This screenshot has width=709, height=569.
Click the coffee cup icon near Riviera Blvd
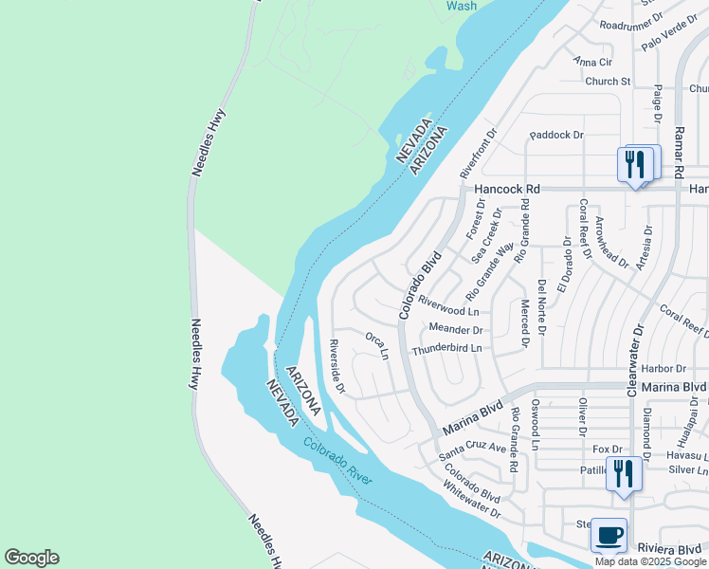pyautogui.click(x=609, y=535)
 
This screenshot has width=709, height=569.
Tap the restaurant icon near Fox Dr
pyautogui.click(x=623, y=472)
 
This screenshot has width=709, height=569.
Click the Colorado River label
pyautogui.click(x=338, y=462)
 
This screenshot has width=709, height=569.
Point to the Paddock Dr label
pyautogui.click(x=556, y=135)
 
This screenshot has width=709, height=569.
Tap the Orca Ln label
pyautogui.click(x=377, y=345)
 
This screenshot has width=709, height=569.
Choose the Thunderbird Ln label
pyautogui.click(x=446, y=349)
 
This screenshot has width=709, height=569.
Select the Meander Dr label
pyautogui.click(x=457, y=330)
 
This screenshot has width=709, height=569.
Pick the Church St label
pyautogui.click(x=608, y=82)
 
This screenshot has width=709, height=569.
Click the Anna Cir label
pyautogui.click(x=593, y=62)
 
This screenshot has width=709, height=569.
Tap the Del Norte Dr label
pyautogui.click(x=541, y=307)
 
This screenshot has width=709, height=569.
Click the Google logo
pyautogui.click(x=31, y=558)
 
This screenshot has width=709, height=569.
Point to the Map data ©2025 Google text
pyautogui.click(x=650, y=561)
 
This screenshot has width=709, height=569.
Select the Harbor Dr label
pyautogui.click(x=663, y=368)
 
